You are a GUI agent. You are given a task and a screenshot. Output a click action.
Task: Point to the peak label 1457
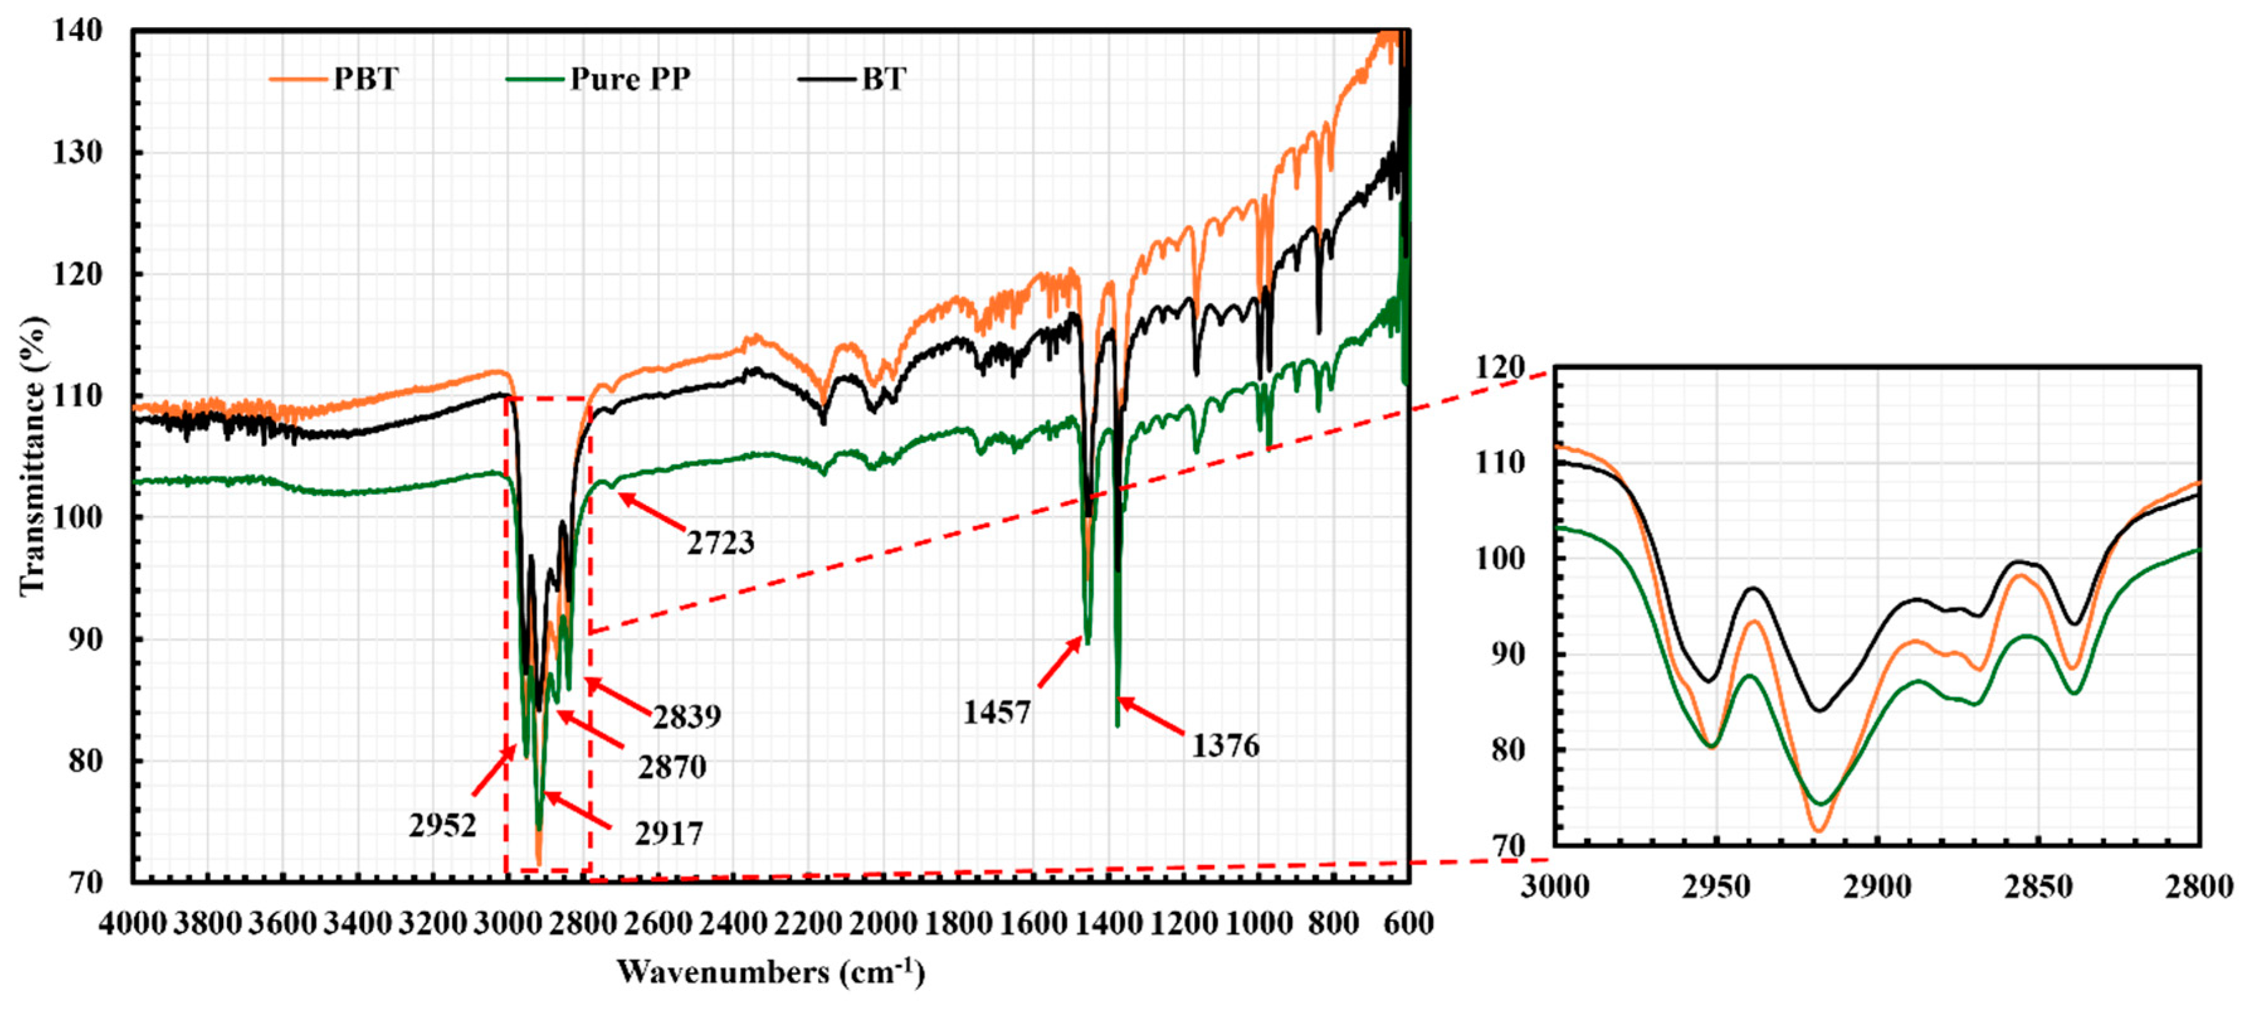pos(996,712)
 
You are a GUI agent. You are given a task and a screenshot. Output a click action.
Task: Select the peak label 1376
pos(1226,746)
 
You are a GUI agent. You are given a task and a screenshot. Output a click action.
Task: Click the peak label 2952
pos(443,825)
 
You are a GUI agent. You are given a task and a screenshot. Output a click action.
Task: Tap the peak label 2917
pos(669,834)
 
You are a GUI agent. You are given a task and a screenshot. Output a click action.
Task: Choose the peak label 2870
pos(672,767)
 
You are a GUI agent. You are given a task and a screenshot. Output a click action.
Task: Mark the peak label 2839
pos(687,717)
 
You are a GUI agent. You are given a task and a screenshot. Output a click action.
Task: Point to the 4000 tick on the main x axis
pos(132,923)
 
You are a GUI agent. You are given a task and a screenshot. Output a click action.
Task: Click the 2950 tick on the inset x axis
pos(1716,887)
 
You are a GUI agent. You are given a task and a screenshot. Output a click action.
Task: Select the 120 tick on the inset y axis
pos(1499,367)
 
